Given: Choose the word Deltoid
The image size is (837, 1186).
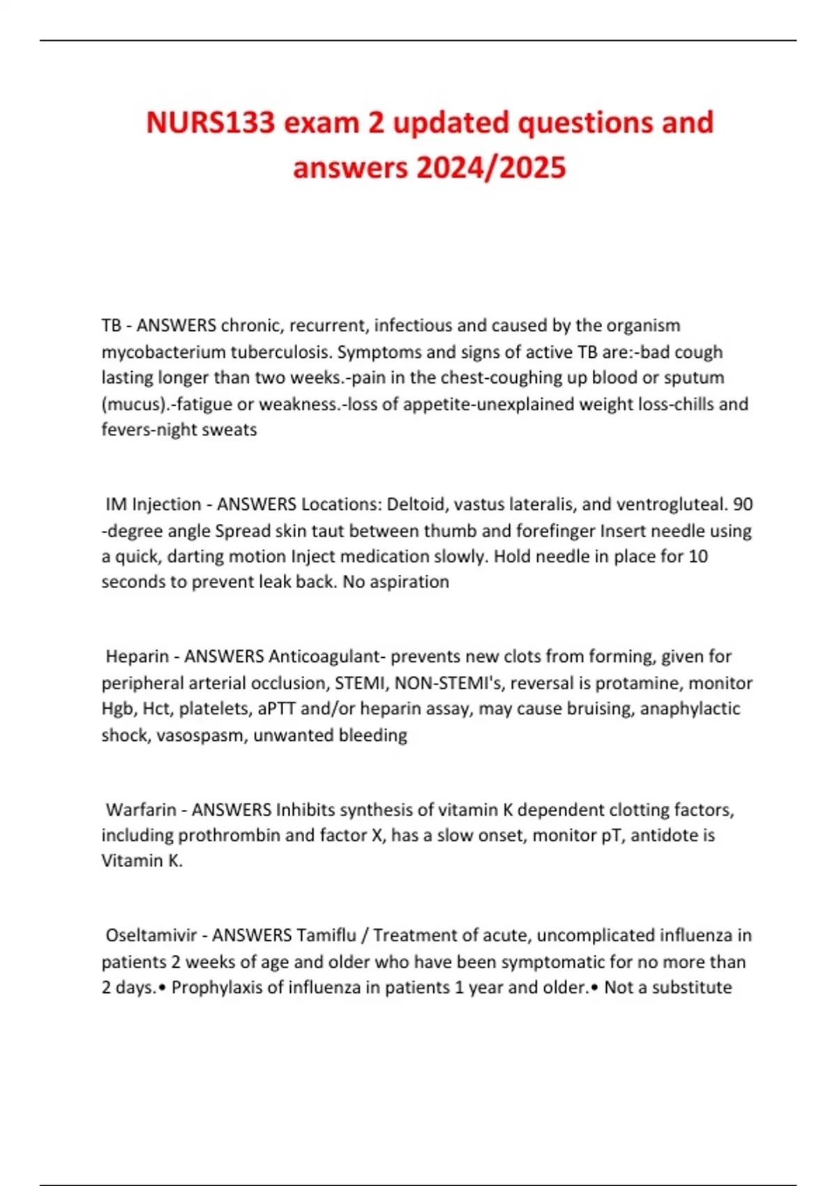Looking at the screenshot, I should tap(416, 504).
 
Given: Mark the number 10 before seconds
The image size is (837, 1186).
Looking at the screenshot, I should tap(697, 557).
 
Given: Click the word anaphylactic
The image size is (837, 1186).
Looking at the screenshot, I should tap(690, 709).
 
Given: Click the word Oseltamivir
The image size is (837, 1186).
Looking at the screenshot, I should tap(151, 936).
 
